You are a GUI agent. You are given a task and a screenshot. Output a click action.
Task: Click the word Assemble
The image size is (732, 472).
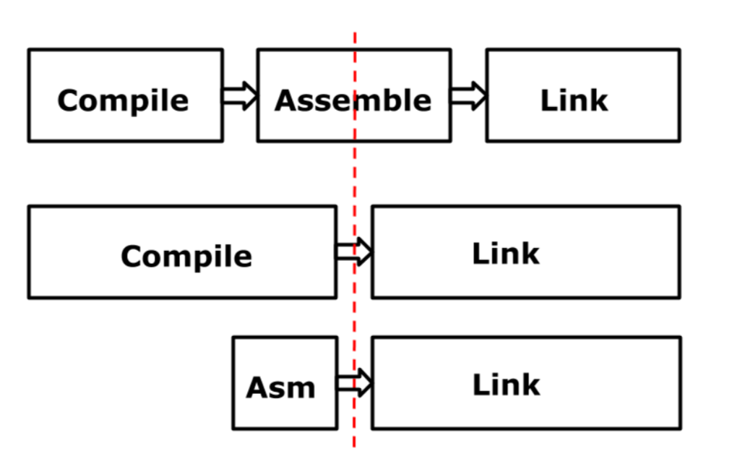pos(353,100)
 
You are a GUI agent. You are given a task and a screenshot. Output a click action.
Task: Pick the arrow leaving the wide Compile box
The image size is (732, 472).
pos(353,252)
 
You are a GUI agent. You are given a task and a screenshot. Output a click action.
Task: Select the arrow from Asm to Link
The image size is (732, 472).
pos(354,383)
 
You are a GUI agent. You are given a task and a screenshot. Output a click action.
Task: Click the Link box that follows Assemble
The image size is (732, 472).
pos(582,95)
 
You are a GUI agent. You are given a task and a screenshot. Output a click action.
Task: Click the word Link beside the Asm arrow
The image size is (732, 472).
pos(506,385)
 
